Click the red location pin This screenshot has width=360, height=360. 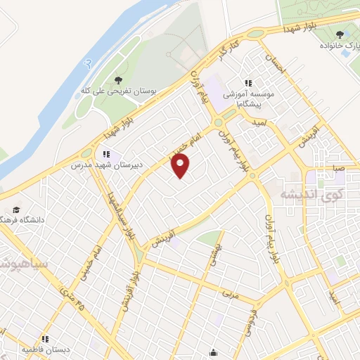pos(181,166)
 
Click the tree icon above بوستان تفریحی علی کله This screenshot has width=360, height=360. pos(117,79)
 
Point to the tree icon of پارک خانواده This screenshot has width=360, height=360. pos(340,33)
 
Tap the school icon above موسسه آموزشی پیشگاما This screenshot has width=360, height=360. pos(247,82)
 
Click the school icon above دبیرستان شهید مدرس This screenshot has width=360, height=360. pos(106,153)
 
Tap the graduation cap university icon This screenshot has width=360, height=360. pos(15,209)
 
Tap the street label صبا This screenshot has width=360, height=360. pos(340,169)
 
